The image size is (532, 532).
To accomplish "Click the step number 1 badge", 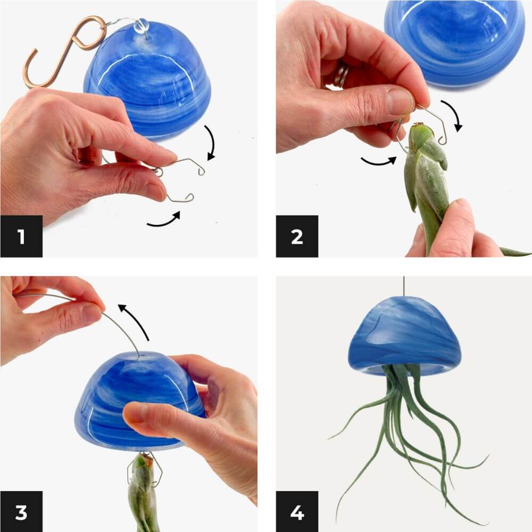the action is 21,236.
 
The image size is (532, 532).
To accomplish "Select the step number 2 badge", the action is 297,236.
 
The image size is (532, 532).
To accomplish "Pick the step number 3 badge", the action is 21,512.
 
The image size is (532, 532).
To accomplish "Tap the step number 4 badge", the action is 297,512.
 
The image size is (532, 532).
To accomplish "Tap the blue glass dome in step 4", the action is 404,336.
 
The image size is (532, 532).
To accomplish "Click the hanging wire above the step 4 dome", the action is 404,286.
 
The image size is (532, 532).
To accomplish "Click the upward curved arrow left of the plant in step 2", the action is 379,162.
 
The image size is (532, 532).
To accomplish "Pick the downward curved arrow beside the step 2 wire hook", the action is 453,114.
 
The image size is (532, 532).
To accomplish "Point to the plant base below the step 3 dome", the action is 143,492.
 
